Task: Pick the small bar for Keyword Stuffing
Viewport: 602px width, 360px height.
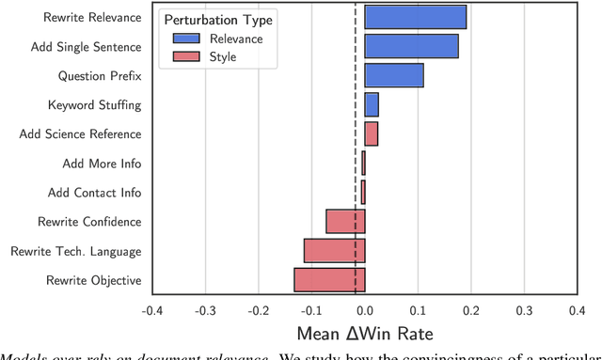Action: tap(372, 104)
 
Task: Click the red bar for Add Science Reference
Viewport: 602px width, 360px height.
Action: tap(372, 133)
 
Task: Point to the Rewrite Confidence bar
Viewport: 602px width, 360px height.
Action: tap(345, 221)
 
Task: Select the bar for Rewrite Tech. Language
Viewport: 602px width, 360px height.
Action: tap(334, 250)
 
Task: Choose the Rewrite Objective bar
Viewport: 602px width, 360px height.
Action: tap(329, 279)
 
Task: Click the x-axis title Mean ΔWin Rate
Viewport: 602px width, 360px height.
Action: tap(365, 333)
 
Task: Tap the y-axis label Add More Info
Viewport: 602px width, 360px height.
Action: tap(102, 164)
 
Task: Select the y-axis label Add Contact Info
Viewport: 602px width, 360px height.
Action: tap(94, 193)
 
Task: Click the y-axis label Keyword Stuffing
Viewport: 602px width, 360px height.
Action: tap(94, 105)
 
